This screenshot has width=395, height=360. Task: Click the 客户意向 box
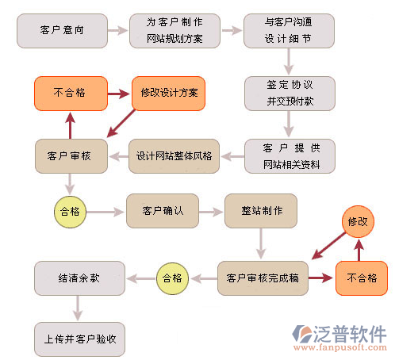coord(62,31)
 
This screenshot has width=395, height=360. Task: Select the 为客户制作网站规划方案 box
coord(174,31)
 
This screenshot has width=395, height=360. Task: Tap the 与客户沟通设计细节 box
coord(289,31)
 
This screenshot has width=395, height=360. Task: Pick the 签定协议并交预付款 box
coord(290,94)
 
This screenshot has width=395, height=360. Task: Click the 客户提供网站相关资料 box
coord(290,156)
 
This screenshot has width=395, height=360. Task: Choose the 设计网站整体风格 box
coord(174,156)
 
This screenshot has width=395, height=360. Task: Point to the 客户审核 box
coord(71,156)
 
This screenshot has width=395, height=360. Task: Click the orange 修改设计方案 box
coord(168,94)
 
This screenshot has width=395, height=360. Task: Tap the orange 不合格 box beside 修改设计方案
coord(71,94)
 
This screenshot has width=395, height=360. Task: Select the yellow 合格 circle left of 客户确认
coord(70,212)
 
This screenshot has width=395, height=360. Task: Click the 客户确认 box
coord(163,211)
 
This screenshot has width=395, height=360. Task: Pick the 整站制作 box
coord(261,211)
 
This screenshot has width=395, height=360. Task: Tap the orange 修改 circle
coord(358,221)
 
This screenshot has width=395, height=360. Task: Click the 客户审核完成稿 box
coord(263,278)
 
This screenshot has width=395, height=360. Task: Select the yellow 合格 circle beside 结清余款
coord(172,278)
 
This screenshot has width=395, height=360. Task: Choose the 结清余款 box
coord(79,278)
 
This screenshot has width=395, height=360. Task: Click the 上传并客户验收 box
coord(79,339)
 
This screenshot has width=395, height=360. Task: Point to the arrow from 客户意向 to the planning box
coord(117,30)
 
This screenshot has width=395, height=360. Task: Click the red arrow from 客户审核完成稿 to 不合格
coord(320,278)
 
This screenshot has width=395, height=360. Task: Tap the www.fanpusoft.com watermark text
coord(340,347)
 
